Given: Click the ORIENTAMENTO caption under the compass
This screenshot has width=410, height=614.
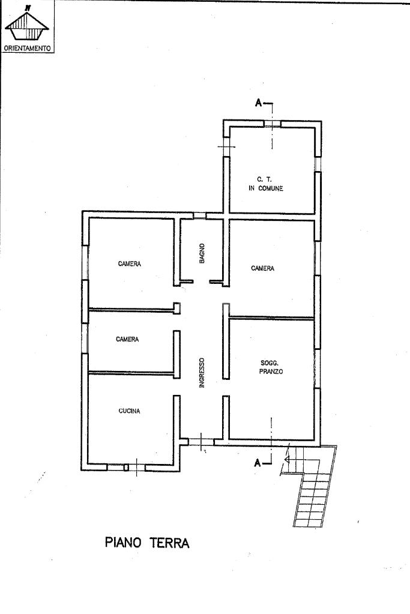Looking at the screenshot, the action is click(28, 49).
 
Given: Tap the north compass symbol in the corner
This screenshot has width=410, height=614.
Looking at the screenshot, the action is click(26, 24).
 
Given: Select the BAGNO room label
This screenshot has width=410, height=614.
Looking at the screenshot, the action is click(202, 253).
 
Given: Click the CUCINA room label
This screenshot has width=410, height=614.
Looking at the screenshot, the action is click(129, 411).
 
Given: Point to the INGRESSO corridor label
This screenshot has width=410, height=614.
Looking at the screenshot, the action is click(202, 373).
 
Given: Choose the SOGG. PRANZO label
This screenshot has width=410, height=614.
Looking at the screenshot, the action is click(271, 367).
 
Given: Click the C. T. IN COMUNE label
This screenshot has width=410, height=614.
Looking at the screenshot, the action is click(265, 184).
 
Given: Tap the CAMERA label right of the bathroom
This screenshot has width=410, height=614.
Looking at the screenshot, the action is click(262, 268).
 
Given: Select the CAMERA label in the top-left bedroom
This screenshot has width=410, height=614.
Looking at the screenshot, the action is click(130, 264).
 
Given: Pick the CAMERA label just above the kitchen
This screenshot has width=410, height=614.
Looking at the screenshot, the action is click(127, 339).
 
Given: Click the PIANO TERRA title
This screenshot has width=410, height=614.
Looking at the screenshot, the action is click(147, 543).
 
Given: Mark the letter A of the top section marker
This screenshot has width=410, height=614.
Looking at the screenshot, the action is click(259, 103).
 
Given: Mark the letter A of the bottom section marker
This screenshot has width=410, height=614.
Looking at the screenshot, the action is click(258, 463).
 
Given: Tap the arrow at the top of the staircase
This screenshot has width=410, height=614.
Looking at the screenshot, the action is click(287, 460).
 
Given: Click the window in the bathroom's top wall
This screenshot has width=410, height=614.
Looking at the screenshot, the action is click(200, 215).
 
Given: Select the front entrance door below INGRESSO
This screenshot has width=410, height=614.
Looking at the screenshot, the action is click(201, 442).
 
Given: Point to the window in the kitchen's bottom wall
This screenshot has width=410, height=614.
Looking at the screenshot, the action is click(126, 467).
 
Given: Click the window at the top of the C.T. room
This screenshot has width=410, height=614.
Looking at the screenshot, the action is click(272, 124).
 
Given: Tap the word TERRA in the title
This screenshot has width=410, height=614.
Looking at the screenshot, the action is click(168, 543).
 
